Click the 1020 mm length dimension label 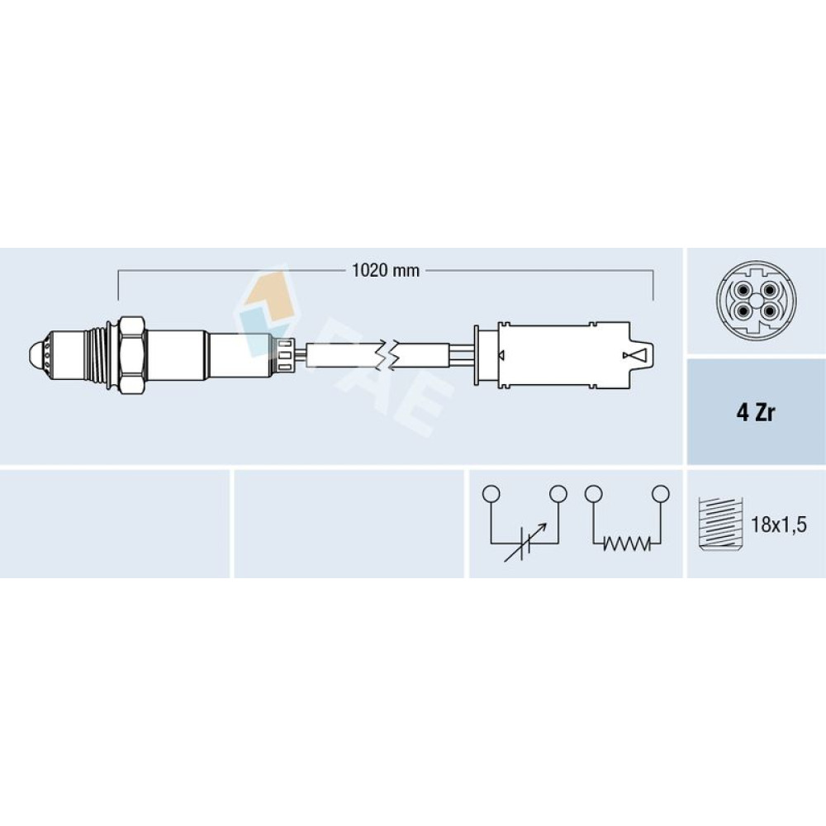(x=386, y=271)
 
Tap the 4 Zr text (x=756, y=412)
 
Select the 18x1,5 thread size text (x=779, y=525)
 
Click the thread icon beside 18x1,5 (x=719, y=523)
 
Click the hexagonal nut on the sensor (x=131, y=355)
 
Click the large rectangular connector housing (x=563, y=354)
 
